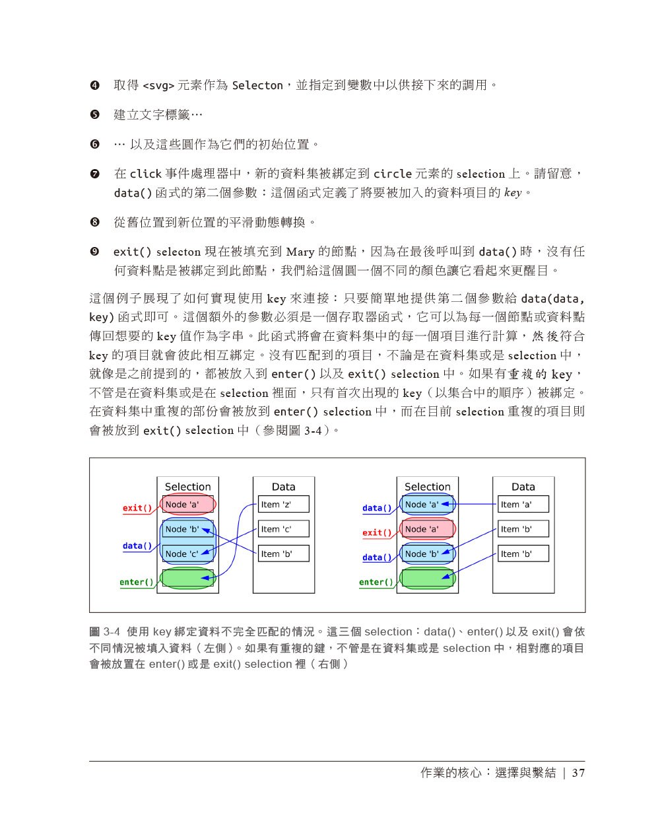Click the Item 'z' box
283,505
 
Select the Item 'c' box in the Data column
283,529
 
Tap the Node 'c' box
188,553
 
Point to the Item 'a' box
523,505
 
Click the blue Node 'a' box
427,505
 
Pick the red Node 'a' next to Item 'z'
188,505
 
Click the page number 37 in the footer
578,773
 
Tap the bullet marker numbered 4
95,85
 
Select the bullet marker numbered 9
95,252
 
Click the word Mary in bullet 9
300,252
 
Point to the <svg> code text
158,86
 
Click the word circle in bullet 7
393,174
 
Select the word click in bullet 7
146,174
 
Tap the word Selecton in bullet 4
257,86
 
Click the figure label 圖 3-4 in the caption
105,632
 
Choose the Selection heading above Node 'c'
188,487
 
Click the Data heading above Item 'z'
283,487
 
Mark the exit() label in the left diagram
137,508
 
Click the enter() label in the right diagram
376,582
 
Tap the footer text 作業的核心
451,773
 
